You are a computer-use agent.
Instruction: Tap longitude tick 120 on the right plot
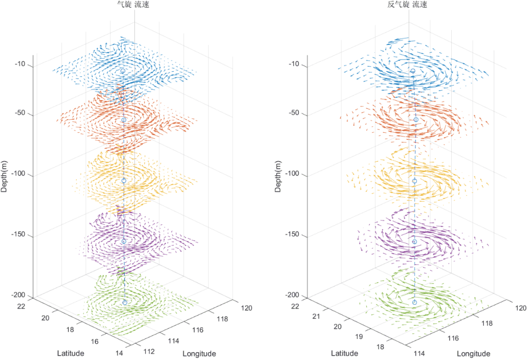[x=521, y=308]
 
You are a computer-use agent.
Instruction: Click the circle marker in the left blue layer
[x=123, y=71]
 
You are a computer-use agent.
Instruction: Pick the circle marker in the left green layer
[x=125, y=302]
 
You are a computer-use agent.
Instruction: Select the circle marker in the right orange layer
[x=416, y=120]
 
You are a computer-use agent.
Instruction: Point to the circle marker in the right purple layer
[x=415, y=242]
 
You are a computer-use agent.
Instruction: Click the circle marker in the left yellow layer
[x=124, y=181]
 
